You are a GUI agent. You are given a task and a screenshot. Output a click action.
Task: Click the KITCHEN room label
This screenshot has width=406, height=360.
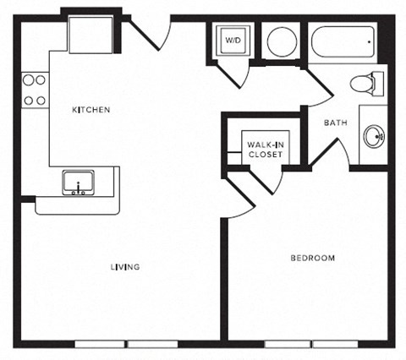(x=91, y=110)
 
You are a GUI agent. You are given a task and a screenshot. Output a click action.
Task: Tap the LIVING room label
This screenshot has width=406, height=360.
(x=125, y=267)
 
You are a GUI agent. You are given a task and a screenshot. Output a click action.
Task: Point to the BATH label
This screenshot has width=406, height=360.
(x=336, y=123)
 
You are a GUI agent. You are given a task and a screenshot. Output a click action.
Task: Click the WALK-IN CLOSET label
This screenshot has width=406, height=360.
(x=264, y=150)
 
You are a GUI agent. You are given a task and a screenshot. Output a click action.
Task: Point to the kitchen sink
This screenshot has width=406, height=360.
(x=78, y=183)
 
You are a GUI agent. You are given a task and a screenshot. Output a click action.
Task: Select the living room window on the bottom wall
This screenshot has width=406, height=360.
(x=126, y=344)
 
